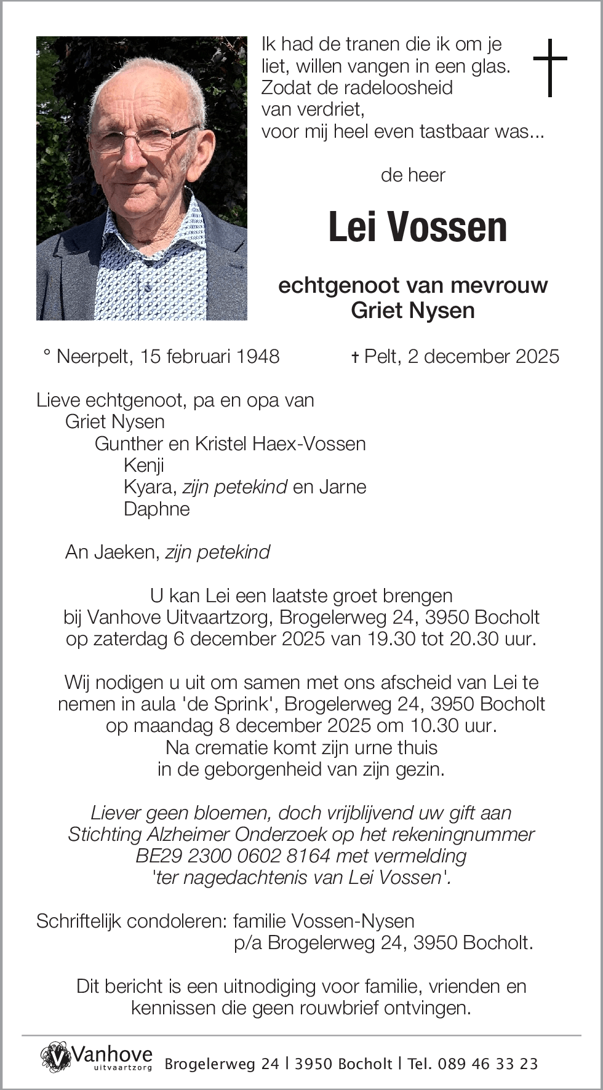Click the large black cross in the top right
tap(549, 67)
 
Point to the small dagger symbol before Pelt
tap(354, 357)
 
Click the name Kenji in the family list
tap(143, 465)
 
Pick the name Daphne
tap(156, 509)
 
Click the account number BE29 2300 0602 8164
tap(233, 856)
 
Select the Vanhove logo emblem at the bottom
tap(56, 1056)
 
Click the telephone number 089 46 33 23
tap(489, 1064)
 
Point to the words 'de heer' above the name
tap(413, 175)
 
